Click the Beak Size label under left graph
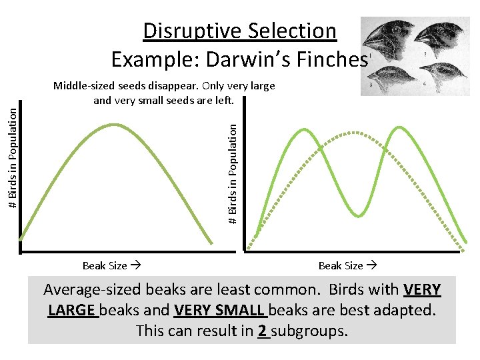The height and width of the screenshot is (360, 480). pos(105,265)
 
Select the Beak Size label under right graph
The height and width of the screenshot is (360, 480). pos(341,265)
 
